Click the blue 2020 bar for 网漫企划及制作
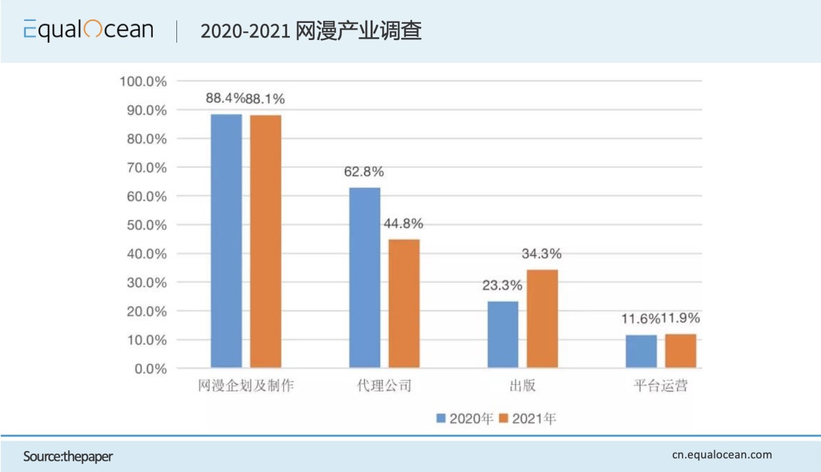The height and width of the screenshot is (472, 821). tap(226, 241)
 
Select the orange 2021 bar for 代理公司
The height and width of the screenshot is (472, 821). tap(404, 303)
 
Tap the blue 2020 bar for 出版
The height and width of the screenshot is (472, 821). tap(503, 334)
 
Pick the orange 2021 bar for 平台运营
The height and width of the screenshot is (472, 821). tap(681, 351)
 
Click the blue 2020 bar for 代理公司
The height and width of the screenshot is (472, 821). tap(365, 277)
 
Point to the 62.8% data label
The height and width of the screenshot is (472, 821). tap(364, 172)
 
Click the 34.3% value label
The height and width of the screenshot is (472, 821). tap(542, 254)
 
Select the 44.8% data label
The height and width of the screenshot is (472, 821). tap(403, 224)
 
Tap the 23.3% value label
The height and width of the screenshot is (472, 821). tap(502, 285)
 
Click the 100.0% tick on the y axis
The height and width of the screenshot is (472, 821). tap(143, 81)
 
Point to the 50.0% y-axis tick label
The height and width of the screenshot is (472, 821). tap(146, 225)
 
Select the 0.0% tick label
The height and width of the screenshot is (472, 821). tap(149, 368)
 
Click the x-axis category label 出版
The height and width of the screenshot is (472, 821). tap(523, 385)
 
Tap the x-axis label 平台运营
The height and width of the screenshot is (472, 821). tap(660, 385)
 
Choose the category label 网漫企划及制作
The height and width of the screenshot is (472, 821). tap(246, 385)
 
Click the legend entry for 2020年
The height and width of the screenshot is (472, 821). tap(465, 418)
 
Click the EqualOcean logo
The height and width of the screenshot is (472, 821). tap(89, 30)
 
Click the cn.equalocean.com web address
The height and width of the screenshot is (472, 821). tap(722, 454)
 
